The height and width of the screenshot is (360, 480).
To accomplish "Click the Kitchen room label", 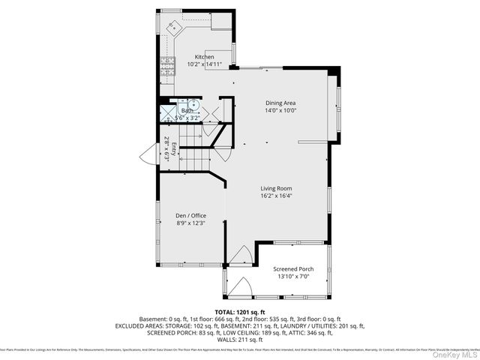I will [205, 57].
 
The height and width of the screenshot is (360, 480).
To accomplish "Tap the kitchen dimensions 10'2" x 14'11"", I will [205, 64].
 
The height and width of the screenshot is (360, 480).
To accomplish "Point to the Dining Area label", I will [281, 103].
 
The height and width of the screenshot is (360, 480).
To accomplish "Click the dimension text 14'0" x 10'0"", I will [281, 110].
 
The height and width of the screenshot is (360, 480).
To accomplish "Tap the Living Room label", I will [276, 188].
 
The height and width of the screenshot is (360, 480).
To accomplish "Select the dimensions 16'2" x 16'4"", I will [276, 196].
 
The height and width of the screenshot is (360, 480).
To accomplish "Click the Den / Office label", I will [190, 215].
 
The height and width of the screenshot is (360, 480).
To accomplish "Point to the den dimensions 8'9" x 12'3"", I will [190, 223].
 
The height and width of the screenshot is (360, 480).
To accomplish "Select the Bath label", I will [186, 110].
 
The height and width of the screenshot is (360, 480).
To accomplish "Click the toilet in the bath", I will [193, 105].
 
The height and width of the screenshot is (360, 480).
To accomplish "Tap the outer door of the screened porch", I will [241, 288].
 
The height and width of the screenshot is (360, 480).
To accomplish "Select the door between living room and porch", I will [241, 255].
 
